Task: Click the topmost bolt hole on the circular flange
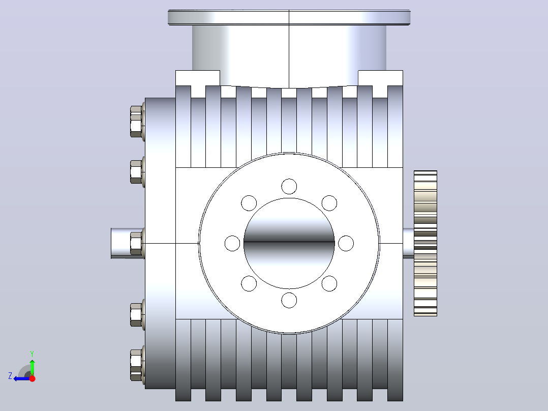289,187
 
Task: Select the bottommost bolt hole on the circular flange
289,300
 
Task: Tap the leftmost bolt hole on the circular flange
232,244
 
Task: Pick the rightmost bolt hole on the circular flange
346,244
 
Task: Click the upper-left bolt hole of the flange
249,203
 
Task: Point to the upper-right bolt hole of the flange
329,203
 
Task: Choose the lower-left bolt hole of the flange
249,284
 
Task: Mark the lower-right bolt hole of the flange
329,284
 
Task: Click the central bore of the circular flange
289,244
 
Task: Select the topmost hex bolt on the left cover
137,121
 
